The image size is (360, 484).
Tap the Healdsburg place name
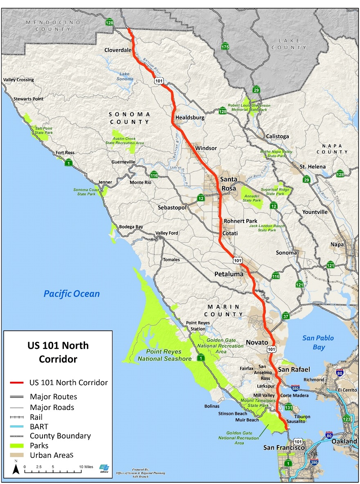point(190,118)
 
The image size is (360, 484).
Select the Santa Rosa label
point(229,184)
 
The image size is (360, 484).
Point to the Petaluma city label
point(229,274)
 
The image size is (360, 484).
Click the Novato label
point(257,342)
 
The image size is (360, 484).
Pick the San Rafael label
point(294,369)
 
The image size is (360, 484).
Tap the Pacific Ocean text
point(72,294)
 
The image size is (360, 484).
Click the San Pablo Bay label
point(318,343)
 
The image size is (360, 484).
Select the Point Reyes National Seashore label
point(164,355)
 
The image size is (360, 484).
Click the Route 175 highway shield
point(225,46)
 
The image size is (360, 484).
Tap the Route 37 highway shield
point(286,316)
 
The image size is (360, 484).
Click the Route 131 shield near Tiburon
point(289,408)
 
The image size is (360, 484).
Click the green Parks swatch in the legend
point(17,445)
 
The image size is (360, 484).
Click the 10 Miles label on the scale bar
point(86,466)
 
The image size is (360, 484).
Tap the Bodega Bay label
point(131,227)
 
